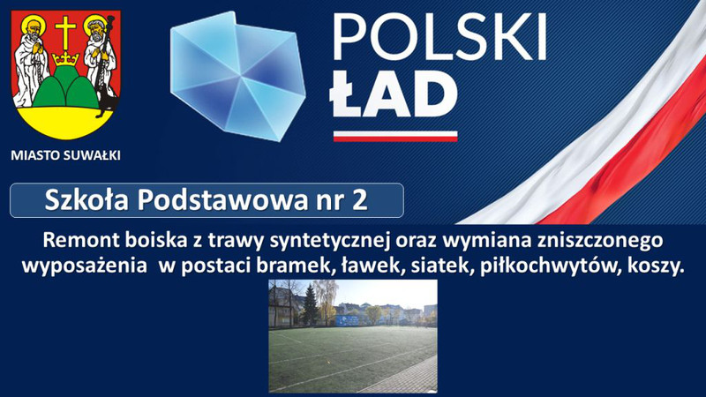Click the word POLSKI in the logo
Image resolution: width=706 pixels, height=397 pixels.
(x=439, y=37)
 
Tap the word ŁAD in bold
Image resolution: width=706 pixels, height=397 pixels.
(x=394, y=94)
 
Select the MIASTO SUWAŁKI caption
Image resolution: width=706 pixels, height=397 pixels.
(x=65, y=156)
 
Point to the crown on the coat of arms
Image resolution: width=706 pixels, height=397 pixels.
(x=65, y=58)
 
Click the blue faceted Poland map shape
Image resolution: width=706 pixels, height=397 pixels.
(x=237, y=76)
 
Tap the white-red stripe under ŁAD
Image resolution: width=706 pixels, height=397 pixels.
(x=395, y=136)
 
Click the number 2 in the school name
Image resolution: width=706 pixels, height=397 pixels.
(x=360, y=200)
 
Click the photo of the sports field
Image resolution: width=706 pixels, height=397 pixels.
(x=353, y=336)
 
